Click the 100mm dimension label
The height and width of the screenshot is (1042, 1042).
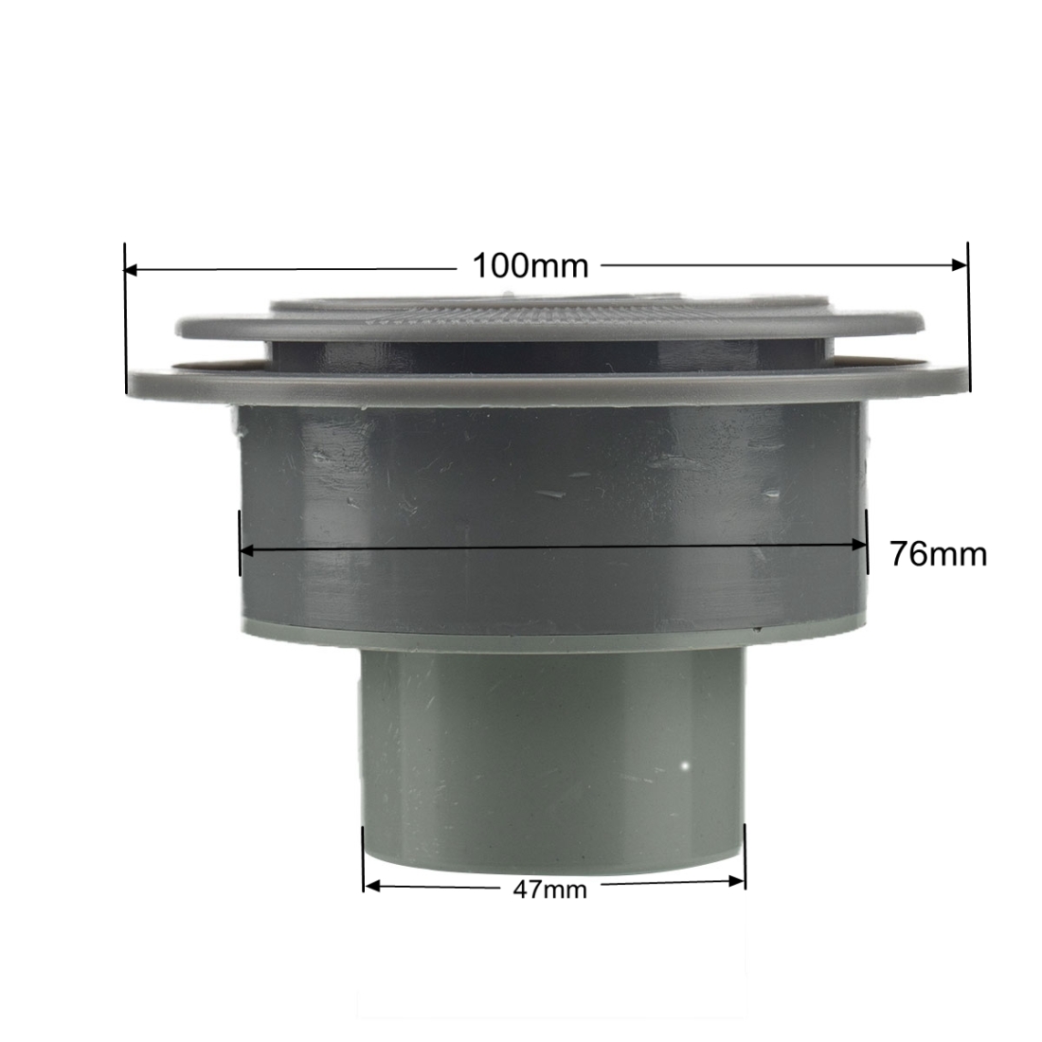(530, 266)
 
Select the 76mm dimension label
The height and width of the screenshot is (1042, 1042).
(939, 553)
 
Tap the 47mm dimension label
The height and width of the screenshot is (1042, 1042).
(549, 889)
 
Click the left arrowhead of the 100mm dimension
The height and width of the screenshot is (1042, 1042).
(131, 270)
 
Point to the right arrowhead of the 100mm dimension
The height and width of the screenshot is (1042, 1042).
(961, 264)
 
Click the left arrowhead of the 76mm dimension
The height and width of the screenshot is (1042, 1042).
(247, 550)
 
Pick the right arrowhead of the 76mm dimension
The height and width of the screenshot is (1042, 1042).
(859, 545)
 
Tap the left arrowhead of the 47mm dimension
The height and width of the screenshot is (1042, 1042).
(372, 886)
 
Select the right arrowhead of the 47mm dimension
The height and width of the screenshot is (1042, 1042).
(737, 882)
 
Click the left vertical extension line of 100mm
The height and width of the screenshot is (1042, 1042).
(125, 318)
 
